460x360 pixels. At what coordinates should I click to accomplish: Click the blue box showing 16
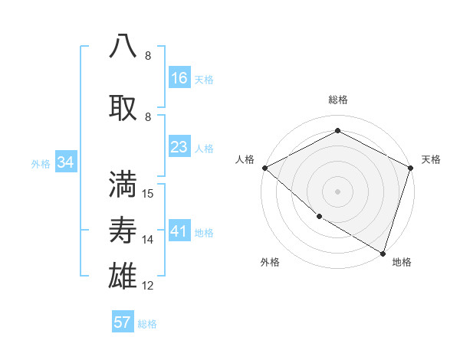tap(179, 78)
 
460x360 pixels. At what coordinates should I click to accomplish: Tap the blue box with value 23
tap(179, 147)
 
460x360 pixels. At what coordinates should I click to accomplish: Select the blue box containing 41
tap(179, 231)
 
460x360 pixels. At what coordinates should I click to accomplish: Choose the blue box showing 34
tap(66, 162)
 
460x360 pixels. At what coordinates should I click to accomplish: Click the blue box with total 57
tap(123, 322)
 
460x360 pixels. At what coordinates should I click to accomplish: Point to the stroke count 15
tap(148, 194)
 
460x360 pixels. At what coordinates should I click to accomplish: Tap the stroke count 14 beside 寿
tap(148, 240)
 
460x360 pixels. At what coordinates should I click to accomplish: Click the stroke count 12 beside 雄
tap(148, 286)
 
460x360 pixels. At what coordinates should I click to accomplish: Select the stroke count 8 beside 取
tap(148, 116)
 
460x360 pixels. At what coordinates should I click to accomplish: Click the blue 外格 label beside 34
tap(41, 163)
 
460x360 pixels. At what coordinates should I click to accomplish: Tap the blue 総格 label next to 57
tap(147, 324)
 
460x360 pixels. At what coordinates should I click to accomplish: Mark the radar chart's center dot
tap(337, 191)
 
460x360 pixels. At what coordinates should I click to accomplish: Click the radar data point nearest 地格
tap(383, 252)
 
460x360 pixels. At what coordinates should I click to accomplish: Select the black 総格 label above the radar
tap(337, 100)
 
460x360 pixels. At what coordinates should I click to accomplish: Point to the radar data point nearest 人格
tap(264, 168)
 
